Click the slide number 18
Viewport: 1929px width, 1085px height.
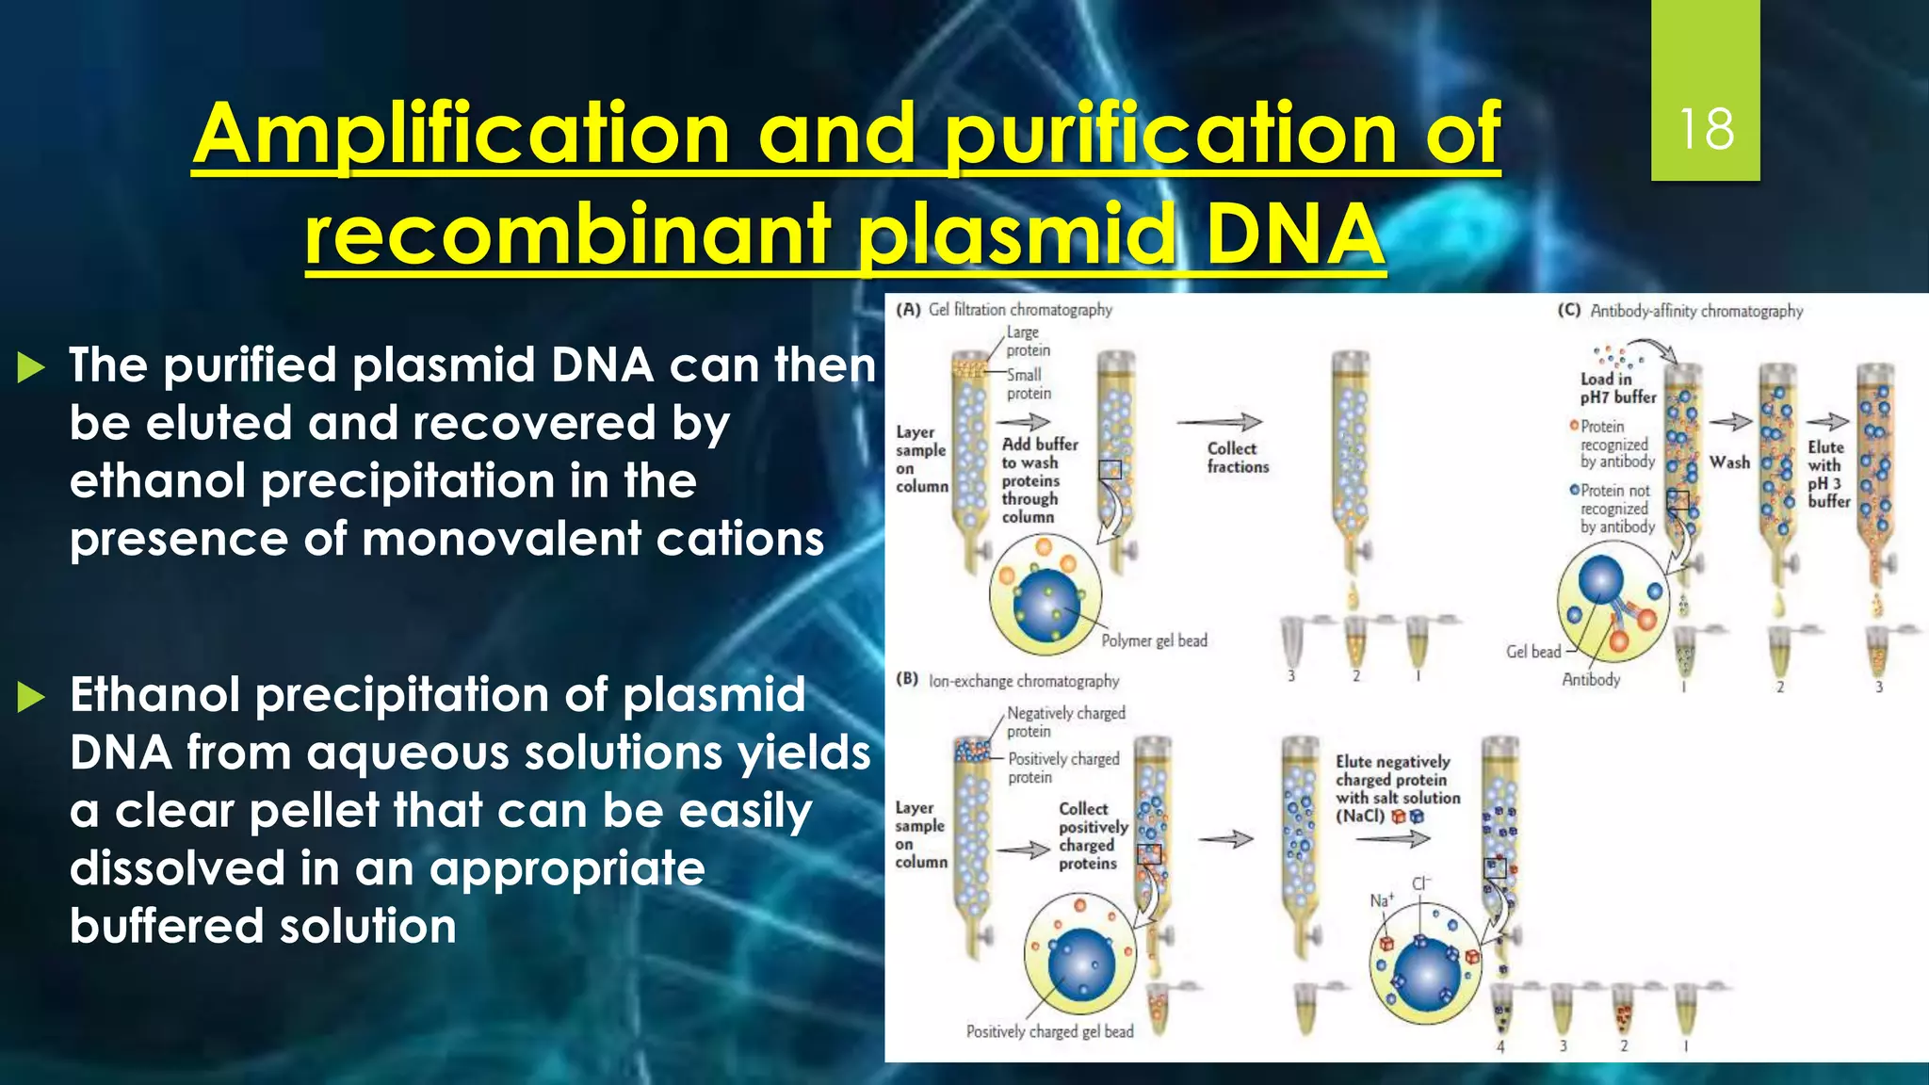pos(1706,129)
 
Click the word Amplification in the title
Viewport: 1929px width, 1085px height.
pos(462,134)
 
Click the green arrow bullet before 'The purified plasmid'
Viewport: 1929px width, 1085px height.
pos(31,367)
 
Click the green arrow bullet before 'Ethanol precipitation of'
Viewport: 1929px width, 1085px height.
pos(31,697)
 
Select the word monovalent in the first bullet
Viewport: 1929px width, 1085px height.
pos(499,540)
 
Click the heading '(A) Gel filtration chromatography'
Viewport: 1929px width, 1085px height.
pos(1004,310)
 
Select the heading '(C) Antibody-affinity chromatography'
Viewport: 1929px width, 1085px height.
pos(1680,311)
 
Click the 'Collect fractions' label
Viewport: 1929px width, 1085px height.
pos(1237,458)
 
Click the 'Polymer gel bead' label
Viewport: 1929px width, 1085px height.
pos(1154,641)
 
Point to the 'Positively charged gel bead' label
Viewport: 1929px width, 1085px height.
pos(1049,1031)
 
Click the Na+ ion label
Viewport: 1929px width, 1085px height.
pos(1381,900)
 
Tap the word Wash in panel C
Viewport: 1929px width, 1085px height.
pos(1729,462)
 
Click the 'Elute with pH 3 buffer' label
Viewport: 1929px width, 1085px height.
pos(1827,475)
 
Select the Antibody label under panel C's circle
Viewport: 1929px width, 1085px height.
pos(1591,679)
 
